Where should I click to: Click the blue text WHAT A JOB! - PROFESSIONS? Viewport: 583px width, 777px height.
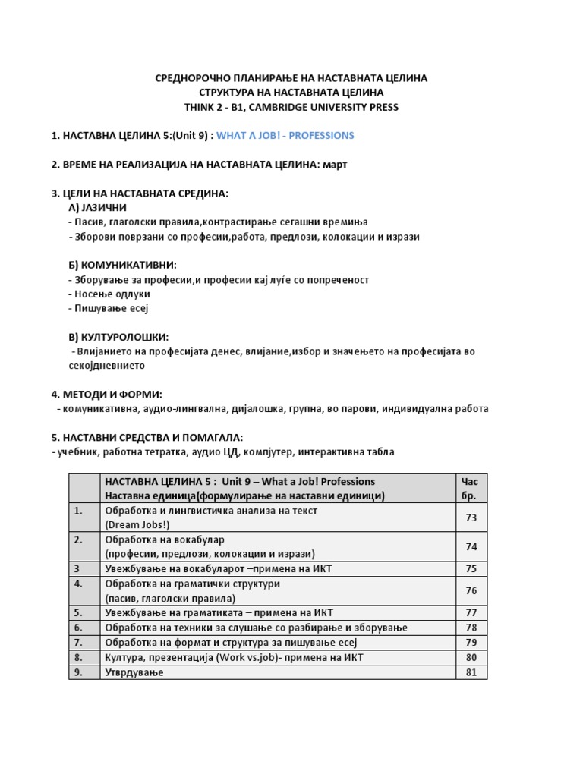tap(285, 136)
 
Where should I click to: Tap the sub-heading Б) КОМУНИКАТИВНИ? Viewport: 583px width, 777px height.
tap(122, 265)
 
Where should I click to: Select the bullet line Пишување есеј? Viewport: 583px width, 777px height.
tap(111, 308)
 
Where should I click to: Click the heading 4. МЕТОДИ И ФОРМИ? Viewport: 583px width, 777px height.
tap(107, 394)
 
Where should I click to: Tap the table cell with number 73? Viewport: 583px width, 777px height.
tap(471, 517)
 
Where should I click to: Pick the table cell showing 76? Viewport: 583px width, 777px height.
tap(471, 590)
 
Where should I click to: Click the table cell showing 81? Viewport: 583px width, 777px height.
tap(471, 672)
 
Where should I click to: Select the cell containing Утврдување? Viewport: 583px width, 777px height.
tap(134, 672)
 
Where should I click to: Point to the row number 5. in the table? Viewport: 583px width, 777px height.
tap(78, 612)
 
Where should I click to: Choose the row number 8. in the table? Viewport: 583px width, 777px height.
tap(78, 657)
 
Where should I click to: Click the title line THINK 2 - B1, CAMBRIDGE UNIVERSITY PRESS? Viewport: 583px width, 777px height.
tap(291, 107)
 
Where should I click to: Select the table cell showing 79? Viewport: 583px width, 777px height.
tap(471, 643)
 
